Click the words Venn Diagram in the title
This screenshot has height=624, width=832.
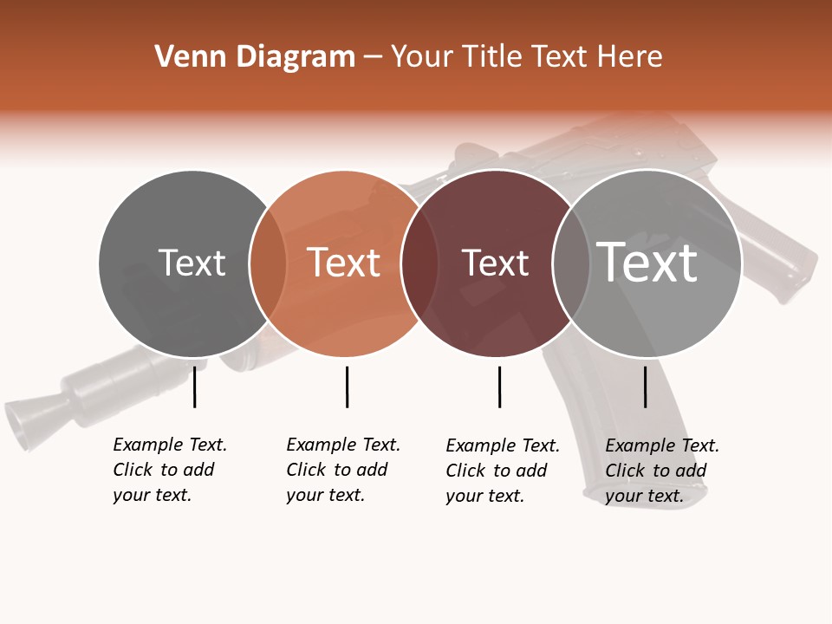[255, 57]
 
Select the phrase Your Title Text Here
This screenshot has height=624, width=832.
[527, 57]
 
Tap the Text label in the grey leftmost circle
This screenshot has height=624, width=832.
[192, 263]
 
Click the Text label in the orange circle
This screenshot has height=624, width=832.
[344, 263]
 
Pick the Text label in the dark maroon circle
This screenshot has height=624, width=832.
[495, 263]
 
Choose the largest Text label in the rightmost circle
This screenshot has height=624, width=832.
[647, 263]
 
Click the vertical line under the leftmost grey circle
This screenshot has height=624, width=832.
[195, 387]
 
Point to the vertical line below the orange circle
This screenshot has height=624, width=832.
[347, 387]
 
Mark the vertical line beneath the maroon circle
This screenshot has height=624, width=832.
[499, 387]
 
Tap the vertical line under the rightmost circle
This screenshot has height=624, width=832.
[646, 387]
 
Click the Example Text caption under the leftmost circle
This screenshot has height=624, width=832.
[169, 470]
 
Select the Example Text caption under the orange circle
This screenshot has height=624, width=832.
[342, 470]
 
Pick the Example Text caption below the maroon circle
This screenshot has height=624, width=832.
[502, 471]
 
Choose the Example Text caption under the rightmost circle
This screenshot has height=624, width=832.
[661, 471]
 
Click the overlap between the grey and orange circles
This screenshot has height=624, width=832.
[268, 263]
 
